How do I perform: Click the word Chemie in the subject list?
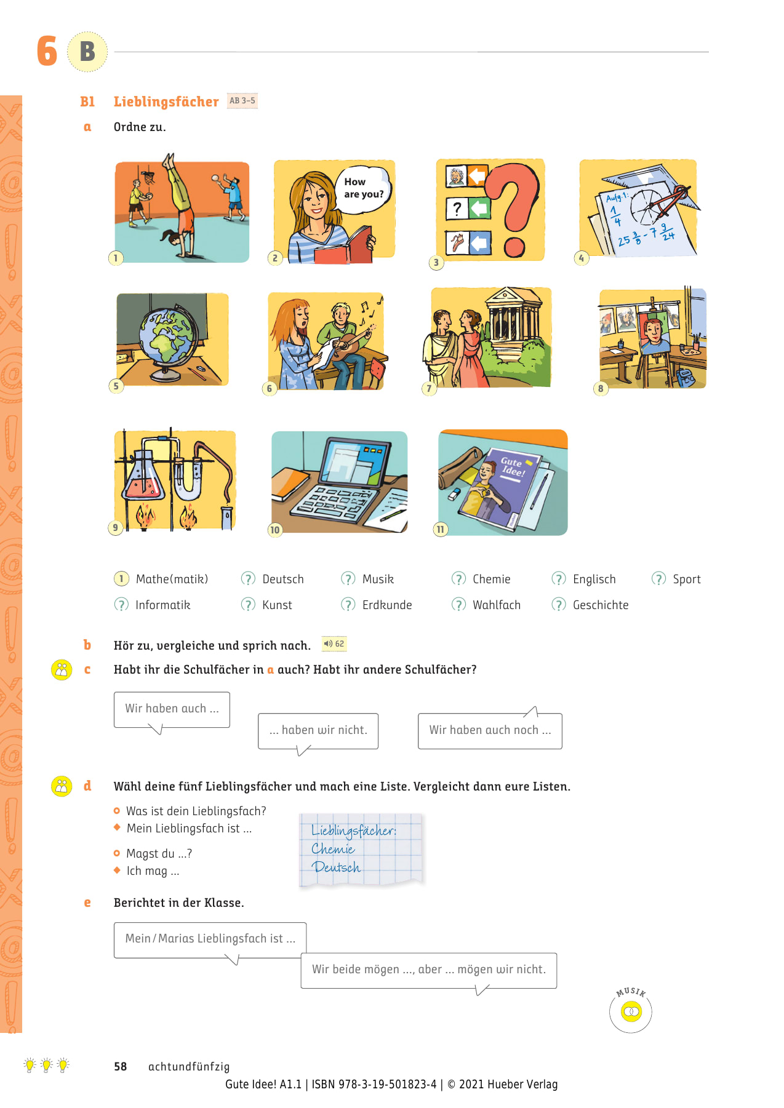point(491,579)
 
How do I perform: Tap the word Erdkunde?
point(387,605)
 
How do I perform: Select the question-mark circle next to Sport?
point(658,579)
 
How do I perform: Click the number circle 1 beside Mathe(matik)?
point(121,579)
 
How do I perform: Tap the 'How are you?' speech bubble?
point(363,188)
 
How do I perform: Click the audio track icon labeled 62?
point(334,644)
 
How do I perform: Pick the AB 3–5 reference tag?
point(242,101)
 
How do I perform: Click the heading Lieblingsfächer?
point(166,102)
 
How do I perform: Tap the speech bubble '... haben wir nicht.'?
point(318,730)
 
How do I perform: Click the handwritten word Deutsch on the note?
point(336,867)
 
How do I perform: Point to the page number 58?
point(121,1066)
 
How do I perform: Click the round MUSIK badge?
point(631,1011)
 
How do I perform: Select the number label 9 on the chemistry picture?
point(115,527)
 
